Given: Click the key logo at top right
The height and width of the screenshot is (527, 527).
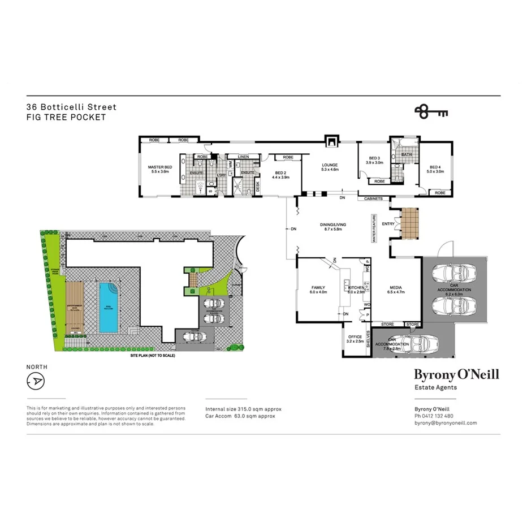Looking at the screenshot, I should (431, 111).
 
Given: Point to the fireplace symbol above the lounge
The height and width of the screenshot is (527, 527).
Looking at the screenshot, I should (331, 141).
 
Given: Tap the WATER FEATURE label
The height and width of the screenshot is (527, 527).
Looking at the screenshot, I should (374, 228).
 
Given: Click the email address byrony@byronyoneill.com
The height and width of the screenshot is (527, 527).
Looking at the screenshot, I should (446, 423).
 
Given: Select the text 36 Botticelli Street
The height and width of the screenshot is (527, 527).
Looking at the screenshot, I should (71, 107).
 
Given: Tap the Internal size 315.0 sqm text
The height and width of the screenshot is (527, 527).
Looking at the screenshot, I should (243, 409).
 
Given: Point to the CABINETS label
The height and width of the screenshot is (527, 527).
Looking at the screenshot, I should (374, 199).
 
